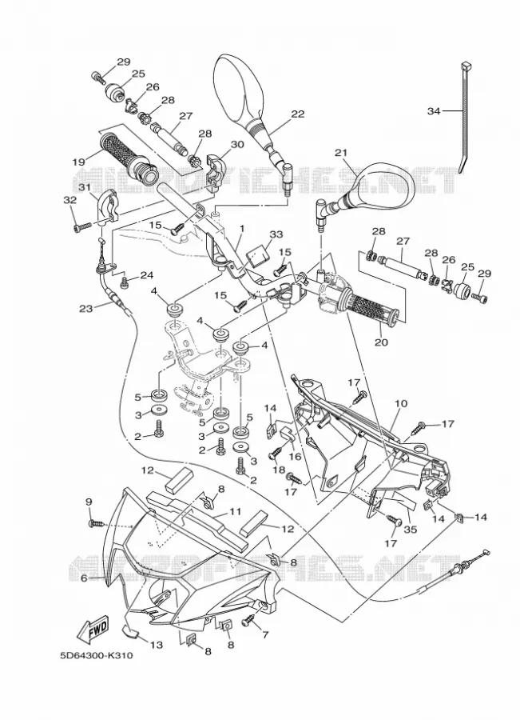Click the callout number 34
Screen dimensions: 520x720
pyautogui.click(x=434, y=110)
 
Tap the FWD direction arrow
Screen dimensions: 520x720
pyautogui.click(x=93, y=628)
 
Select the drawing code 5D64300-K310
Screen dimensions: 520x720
pyautogui.click(x=97, y=655)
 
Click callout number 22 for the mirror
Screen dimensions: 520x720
pyautogui.click(x=298, y=114)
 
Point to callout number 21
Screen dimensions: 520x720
pyautogui.click(x=341, y=153)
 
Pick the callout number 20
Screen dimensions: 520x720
pyautogui.click(x=382, y=342)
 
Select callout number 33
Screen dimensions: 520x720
pyautogui.click(x=276, y=234)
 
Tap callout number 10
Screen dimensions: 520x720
pyautogui.click(x=401, y=403)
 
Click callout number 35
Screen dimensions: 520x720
pyautogui.click(x=411, y=530)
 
